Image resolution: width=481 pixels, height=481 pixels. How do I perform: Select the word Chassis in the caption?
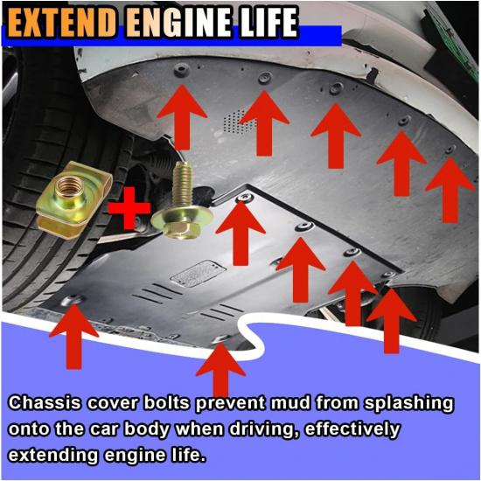(x=45, y=403)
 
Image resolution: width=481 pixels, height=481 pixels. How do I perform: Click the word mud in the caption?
(x=289, y=403)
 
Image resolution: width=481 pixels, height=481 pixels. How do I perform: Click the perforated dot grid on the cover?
(x=239, y=122)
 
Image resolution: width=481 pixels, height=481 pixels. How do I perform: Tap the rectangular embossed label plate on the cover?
(x=199, y=274)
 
